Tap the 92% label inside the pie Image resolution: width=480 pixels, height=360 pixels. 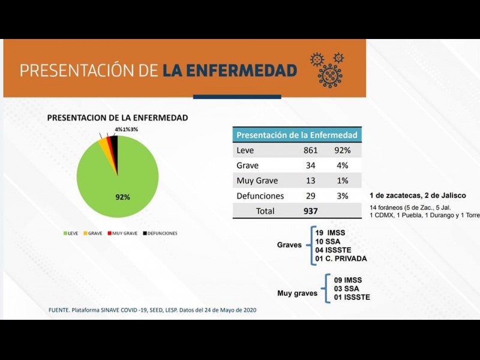click(x=122, y=197)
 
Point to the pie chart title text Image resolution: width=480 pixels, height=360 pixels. click(x=118, y=118)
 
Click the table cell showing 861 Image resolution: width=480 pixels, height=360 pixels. click(x=310, y=151)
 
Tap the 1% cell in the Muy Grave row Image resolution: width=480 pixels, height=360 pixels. click(x=343, y=181)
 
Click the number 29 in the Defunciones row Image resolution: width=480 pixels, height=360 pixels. click(x=310, y=196)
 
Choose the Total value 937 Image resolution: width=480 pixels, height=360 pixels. click(x=310, y=211)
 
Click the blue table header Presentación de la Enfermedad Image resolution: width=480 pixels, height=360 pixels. click(x=297, y=135)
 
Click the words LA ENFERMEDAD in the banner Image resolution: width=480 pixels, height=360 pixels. click(x=230, y=71)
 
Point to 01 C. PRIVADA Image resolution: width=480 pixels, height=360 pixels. click(x=341, y=259)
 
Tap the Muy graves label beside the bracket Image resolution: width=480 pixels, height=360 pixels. click(x=297, y=293)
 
